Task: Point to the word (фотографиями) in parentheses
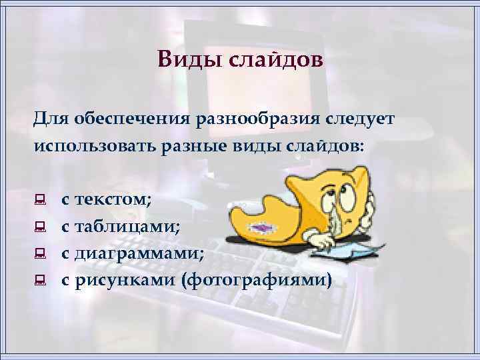255,280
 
